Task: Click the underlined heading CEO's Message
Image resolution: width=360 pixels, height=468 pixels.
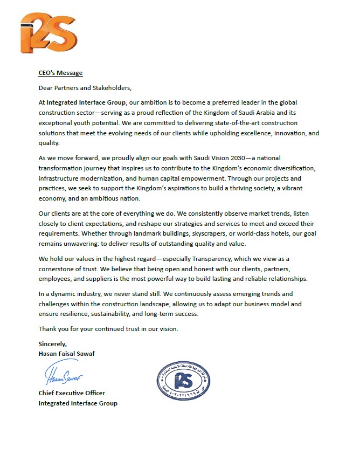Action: click(x=60, y=73)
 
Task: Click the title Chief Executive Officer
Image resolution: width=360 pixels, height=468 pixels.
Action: click(x=72, y=393)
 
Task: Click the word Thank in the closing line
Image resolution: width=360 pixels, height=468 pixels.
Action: click(x=47, y=329)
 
